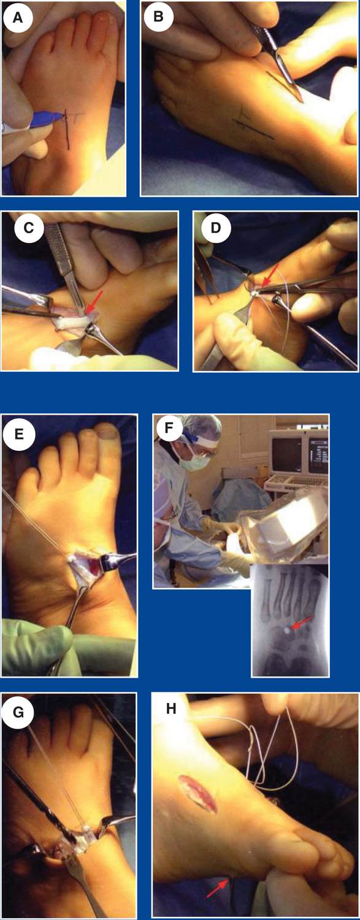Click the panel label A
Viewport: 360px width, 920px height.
pos(17,18)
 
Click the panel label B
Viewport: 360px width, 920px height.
pos(158,18)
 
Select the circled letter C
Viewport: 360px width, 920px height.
pos(28,228)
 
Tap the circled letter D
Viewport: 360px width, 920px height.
pos(216,228)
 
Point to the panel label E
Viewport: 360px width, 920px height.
pos(18,434)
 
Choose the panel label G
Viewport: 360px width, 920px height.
pos(18,713)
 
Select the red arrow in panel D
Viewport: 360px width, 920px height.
pos(270,274)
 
